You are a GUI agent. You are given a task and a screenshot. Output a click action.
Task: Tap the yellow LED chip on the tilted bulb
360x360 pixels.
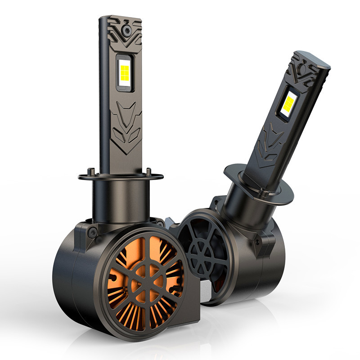tap(288, 102)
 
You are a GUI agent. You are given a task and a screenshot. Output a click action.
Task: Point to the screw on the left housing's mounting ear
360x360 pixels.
tap(93, 233)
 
